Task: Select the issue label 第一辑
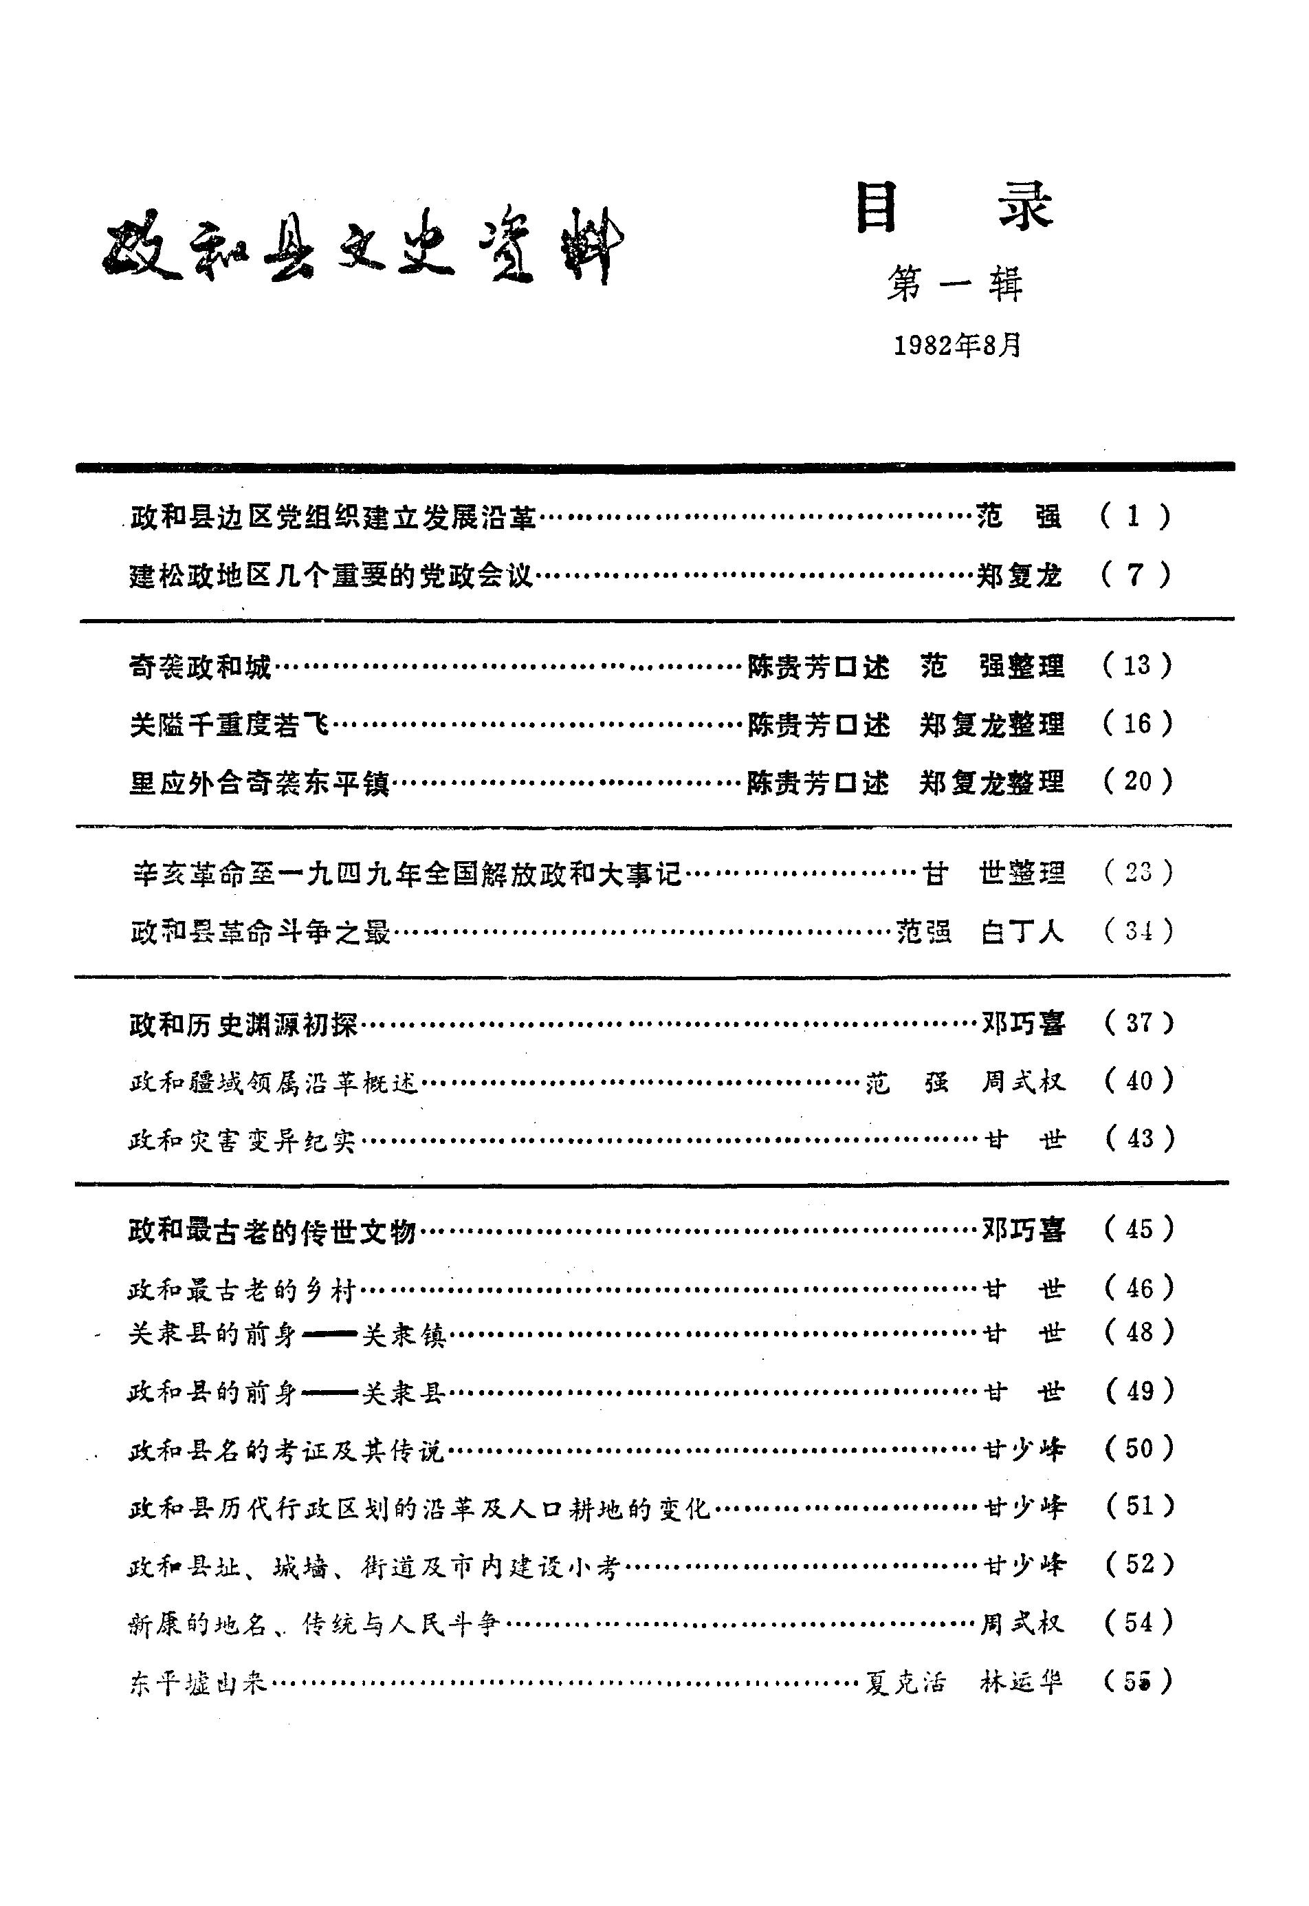[955, 285]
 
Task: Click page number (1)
[1135, 516]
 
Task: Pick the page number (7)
[1135, 575]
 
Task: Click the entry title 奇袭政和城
[200, 667]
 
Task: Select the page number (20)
[1138, 781]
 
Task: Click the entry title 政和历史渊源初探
[243, 1025]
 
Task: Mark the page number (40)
[1140, 1081]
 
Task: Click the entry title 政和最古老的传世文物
[272, 1231]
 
